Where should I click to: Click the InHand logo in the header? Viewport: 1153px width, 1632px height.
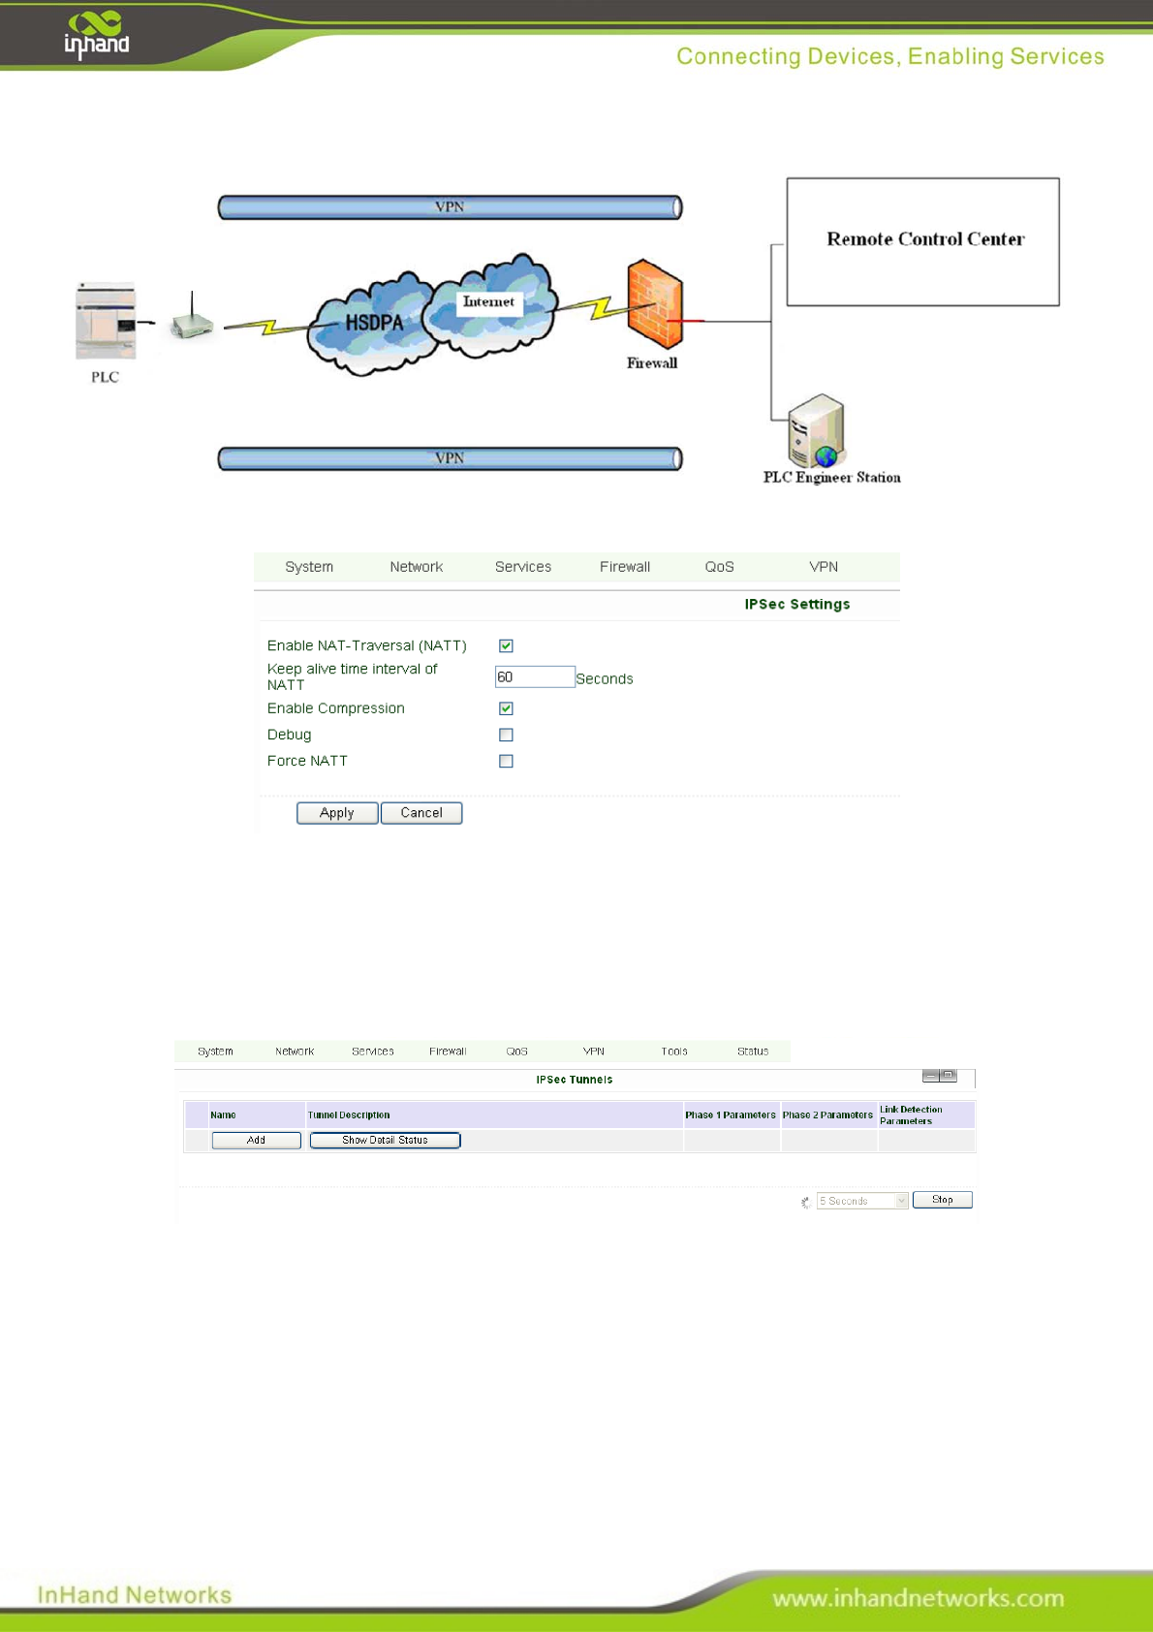96,35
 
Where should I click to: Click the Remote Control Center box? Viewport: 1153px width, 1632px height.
922,241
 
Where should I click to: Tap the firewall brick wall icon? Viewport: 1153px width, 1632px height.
655,303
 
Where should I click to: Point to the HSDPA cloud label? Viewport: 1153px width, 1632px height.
374,323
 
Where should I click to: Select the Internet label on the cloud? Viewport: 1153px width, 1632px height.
488,302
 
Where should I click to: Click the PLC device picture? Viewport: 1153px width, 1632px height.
106,320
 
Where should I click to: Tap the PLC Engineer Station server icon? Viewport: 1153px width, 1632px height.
816,431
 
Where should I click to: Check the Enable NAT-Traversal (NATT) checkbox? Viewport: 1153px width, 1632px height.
506,645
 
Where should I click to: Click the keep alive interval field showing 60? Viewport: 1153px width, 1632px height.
534,676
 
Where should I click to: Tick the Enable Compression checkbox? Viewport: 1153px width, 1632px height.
506,708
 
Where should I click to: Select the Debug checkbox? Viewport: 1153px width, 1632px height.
506,735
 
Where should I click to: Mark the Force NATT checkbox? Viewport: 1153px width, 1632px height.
506,761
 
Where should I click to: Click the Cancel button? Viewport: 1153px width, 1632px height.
421,813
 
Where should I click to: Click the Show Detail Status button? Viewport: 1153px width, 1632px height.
385,1141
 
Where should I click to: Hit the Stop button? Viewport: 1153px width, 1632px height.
942,1200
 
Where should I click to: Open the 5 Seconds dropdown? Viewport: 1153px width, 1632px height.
862,1201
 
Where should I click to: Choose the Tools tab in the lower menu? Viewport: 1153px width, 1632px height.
674,1051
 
